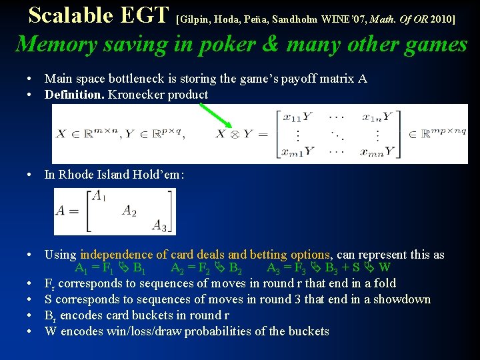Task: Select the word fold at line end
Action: [385, 283]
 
